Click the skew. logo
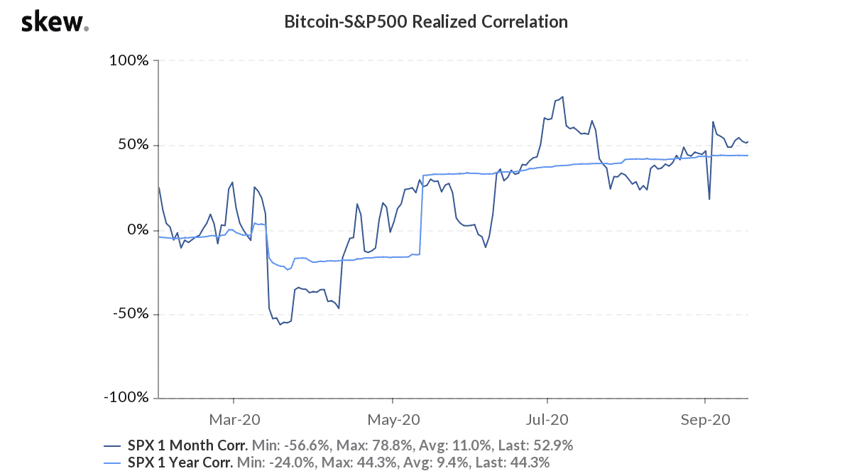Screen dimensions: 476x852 (x=55, y=23)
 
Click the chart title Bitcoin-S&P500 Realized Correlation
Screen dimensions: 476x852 (x=426, y=22)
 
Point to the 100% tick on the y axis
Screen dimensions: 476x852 (x=129, y=61)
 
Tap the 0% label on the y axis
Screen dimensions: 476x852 (x=137, y=230)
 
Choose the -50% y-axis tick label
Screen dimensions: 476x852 (x=131, y=315)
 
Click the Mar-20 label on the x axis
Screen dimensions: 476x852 (x=234, y=420)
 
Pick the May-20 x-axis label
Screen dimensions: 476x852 (x=391, y=420)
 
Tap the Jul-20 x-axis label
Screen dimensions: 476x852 (x=547, y=420)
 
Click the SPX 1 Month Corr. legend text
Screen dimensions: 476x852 (x=187, y=446)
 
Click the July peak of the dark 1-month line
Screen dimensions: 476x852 (x=562, y=97)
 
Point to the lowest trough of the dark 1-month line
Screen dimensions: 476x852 (x=280, y=325)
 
